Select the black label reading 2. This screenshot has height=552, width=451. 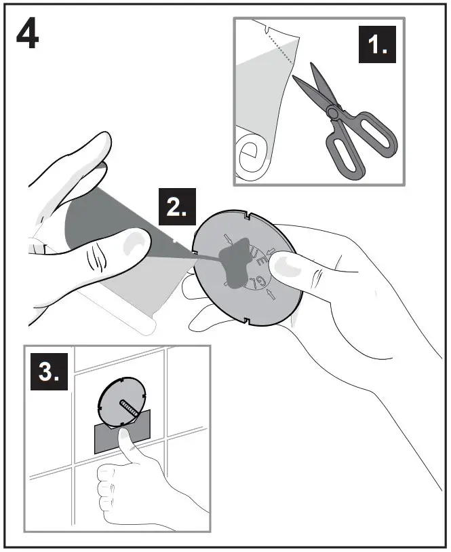pyautogui.click(x=177, y=207)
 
